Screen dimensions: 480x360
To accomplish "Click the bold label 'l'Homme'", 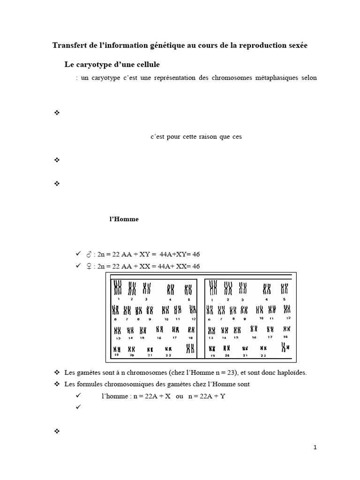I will coord(124,219).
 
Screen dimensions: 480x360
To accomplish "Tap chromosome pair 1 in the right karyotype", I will coord(214,287).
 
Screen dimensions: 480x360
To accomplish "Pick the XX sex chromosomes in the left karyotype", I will coord(190,348).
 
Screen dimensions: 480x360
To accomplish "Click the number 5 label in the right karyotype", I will coord(284,299).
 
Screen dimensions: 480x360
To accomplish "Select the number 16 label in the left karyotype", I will coord(159,337).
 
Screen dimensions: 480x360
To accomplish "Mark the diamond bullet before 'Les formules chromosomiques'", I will coord(57,384).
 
